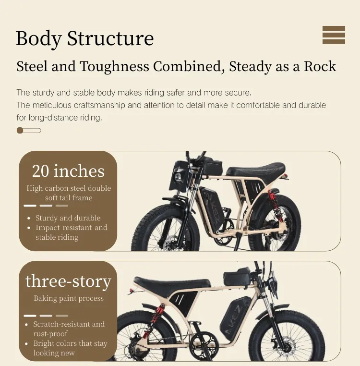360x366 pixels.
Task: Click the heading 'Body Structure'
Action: [84, 38]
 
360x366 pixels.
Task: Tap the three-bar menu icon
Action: [334, 35]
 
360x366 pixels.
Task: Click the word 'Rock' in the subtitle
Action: [320, 66]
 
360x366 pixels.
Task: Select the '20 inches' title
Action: [68, 171]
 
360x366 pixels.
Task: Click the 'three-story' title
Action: [68, 281]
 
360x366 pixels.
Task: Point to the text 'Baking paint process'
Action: [69, 298]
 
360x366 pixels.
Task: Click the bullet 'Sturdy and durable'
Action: [68, 218]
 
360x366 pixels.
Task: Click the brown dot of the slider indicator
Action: [20, 130]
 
